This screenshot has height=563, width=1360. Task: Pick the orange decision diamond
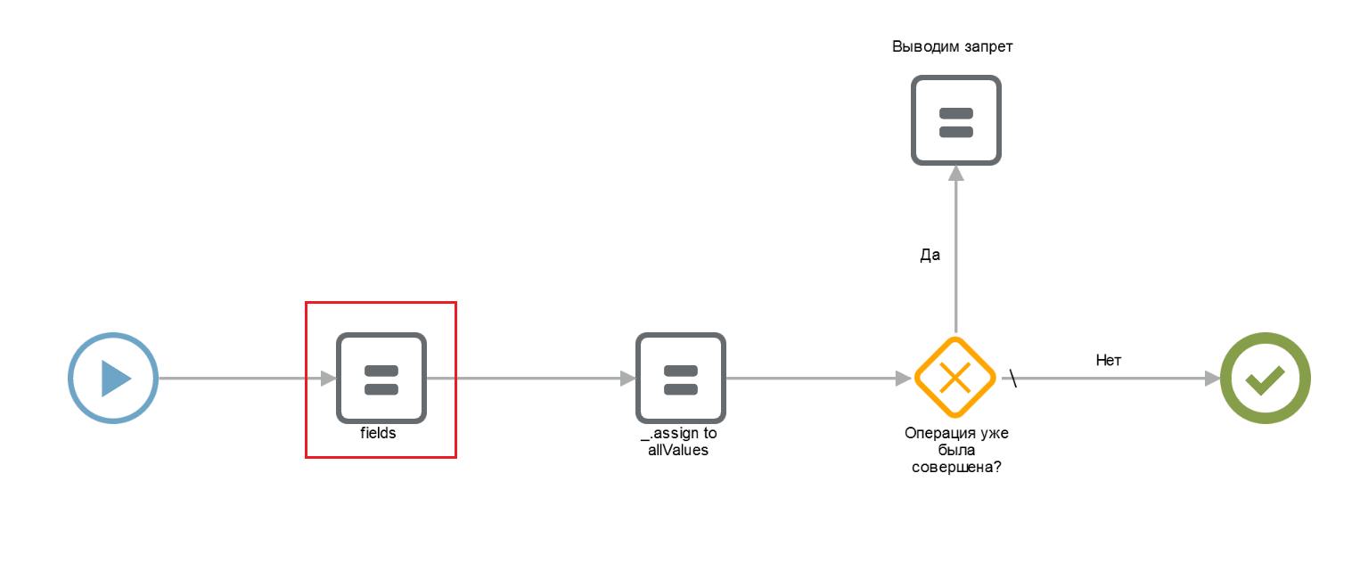point(955,378)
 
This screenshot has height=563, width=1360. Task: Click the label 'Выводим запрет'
point(952,46)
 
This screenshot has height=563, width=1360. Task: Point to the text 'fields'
point(378,433)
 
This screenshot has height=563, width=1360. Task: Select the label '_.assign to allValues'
point(679,441)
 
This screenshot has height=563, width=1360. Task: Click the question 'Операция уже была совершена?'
point(956,450)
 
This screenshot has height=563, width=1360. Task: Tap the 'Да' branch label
point(930,255)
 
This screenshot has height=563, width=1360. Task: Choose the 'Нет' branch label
point(1109,361)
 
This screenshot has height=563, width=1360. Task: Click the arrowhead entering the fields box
point(329,379)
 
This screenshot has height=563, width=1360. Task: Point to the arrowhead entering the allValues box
point(627,379)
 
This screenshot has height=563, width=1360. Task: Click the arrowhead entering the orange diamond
point(904,379)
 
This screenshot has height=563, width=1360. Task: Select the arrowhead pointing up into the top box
point(956,174)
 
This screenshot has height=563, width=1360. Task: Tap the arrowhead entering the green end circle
point(1212,379)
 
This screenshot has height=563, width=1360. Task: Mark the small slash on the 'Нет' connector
point(1012,378)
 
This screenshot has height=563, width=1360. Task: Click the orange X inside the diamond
point(955,378)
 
